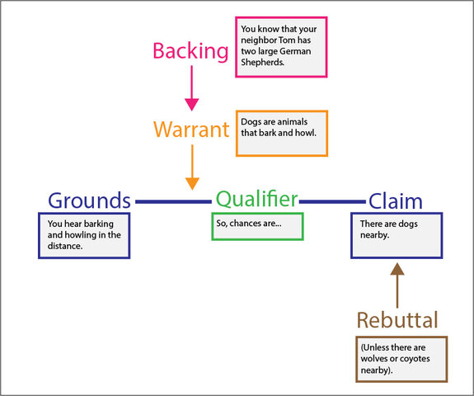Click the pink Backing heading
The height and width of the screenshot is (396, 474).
[x=190, y=51]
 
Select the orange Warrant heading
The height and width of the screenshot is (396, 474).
[x=191, y=130]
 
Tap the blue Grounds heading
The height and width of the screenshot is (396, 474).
[x=89, y=200]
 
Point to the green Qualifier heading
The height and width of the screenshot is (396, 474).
[x=256, y=199]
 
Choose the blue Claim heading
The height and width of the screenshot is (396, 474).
[x=395, y=200]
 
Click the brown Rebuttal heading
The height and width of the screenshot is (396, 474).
[x=397, y=320]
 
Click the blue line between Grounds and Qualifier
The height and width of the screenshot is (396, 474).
[x=173, y=201]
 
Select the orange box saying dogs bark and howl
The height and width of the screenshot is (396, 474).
[x=281, y=133]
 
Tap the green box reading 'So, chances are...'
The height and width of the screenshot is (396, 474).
[x=257, y=227]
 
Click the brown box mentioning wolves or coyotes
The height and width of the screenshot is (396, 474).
[x=401, y=359]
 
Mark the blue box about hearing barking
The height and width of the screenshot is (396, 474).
[x=84, y=235]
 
